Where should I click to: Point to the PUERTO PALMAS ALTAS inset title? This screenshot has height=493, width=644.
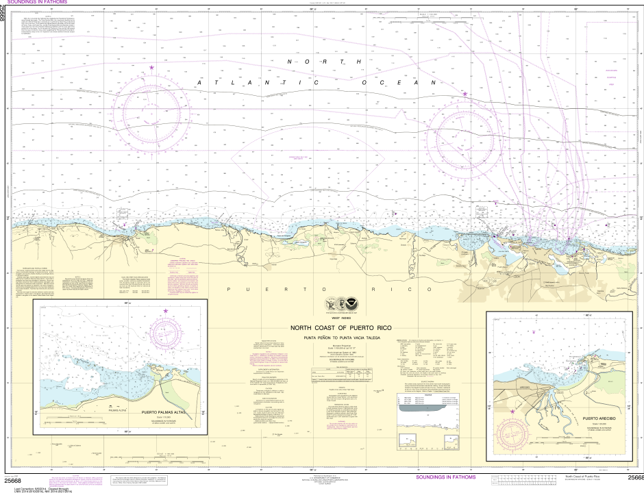click(x=169, y=412)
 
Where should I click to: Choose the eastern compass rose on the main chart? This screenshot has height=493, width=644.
click(x=465, y=134)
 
